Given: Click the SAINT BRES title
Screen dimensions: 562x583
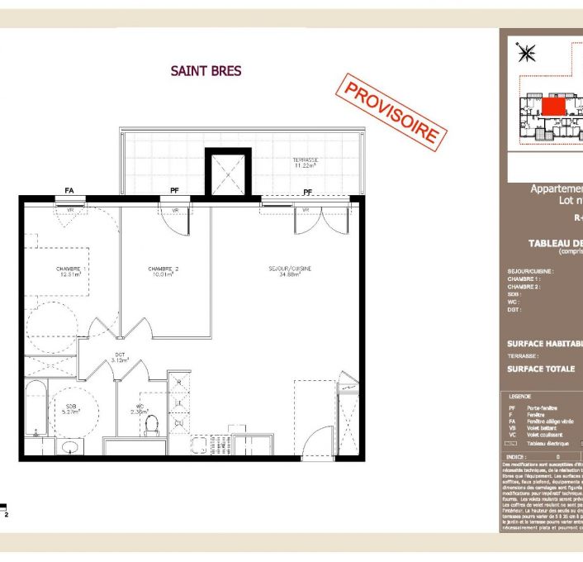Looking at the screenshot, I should pos(206,71).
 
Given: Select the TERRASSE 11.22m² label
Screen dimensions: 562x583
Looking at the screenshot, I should pos(306,163).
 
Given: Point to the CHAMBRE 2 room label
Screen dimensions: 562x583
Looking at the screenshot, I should pos(164,272).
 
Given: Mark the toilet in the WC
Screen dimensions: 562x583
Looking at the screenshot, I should pos(151,425).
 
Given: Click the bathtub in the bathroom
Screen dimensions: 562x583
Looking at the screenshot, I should pos(36,408).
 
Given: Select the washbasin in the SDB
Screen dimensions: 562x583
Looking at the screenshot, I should pos(71,447).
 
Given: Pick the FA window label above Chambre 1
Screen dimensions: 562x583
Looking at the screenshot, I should pos(69,191).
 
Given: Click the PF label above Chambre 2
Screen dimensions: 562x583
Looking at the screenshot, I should pos(174,191).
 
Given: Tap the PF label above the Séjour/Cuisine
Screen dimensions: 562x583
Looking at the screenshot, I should pos(307,192).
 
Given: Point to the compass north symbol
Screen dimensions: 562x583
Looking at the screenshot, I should pos(525,53).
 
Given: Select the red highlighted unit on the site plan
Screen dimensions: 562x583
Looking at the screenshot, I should pos(553,105).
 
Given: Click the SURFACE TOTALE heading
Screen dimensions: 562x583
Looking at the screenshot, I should pos(541,369).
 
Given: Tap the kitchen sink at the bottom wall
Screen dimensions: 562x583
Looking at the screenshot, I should pos(199,447).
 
